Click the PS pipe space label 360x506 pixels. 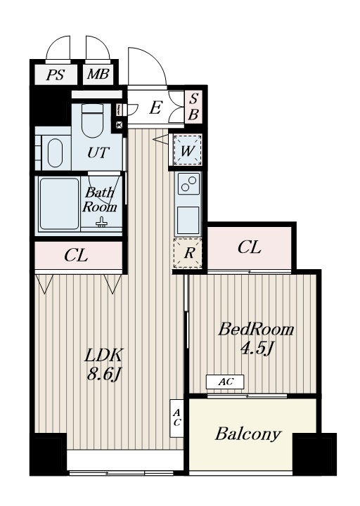(x=55, y=74)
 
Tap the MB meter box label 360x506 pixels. (x=98, y=74)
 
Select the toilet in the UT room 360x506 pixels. (x=92, y=121)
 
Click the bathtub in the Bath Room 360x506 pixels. (x=59, y=204)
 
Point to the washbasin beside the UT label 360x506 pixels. (x=55, y=153)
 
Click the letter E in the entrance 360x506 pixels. (x=155, y=108)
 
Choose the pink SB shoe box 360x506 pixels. (x=193, y=107)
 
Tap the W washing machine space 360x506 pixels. (x=187, y=150)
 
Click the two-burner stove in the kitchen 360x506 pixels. (x=188, y=183)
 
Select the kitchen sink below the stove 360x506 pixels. (x=188, y=219)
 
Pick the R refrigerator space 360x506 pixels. (x=188, y=253)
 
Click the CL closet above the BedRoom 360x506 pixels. (x=250, y=247)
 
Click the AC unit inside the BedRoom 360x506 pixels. (x=225, y=382)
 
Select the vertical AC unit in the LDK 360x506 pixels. (x=176, y=418)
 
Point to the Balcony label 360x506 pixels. (x=248, y=434)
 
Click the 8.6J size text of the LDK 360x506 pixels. (x=104, y=375)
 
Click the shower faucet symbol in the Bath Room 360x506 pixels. (x=101, y=222)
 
